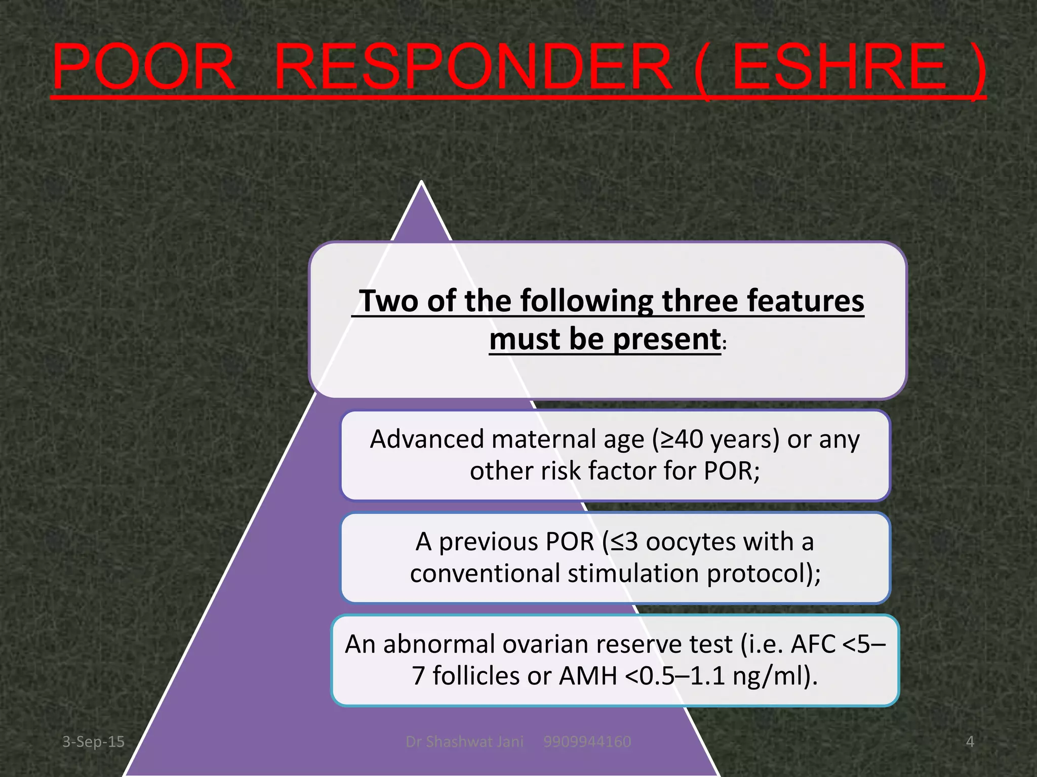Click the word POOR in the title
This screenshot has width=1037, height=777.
tap(144, 67)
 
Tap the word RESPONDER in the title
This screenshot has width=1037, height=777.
tap(473, 67)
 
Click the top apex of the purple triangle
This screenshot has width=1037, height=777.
tap(421, 183)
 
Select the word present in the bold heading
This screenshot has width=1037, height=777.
tap(666, 339)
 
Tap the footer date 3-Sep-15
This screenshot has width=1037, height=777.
tap(93, 742)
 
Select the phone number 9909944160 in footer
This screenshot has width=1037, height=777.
tap(587, 742)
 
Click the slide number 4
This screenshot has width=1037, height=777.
tap(970, 742)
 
